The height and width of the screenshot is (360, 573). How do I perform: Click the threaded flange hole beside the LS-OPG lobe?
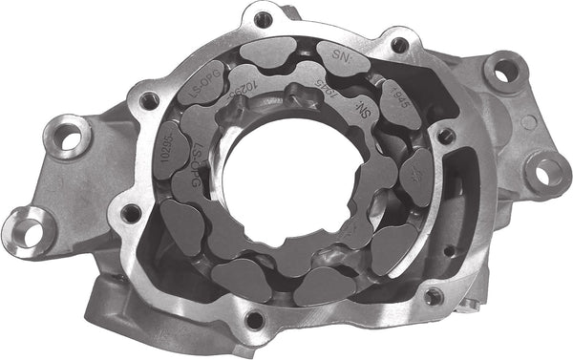(147, 97)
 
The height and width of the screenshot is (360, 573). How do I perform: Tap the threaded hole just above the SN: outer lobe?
(398, 44)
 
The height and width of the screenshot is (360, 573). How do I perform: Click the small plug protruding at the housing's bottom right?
(471, 302)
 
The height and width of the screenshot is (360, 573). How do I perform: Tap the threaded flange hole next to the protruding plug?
(435, 296)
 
